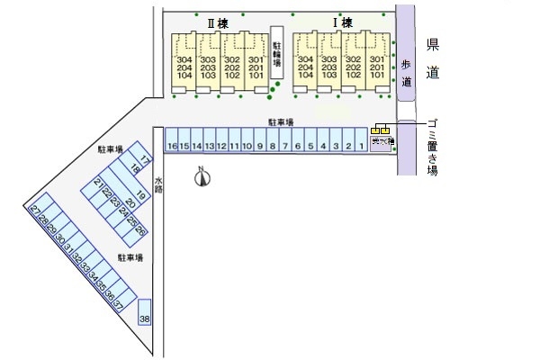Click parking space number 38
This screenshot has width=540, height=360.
click(x=145, y=319)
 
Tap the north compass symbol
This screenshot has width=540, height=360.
click(x=203, y=178)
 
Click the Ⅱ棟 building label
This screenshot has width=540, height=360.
click(x=209, y=22)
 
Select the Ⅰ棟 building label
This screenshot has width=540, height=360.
click(x=342, y=22)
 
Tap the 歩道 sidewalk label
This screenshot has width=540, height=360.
click(x=406, y=72)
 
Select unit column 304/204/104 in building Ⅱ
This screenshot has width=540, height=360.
click(x=184, y=62)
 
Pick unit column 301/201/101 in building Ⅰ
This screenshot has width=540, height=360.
click(x=376, y=62)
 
